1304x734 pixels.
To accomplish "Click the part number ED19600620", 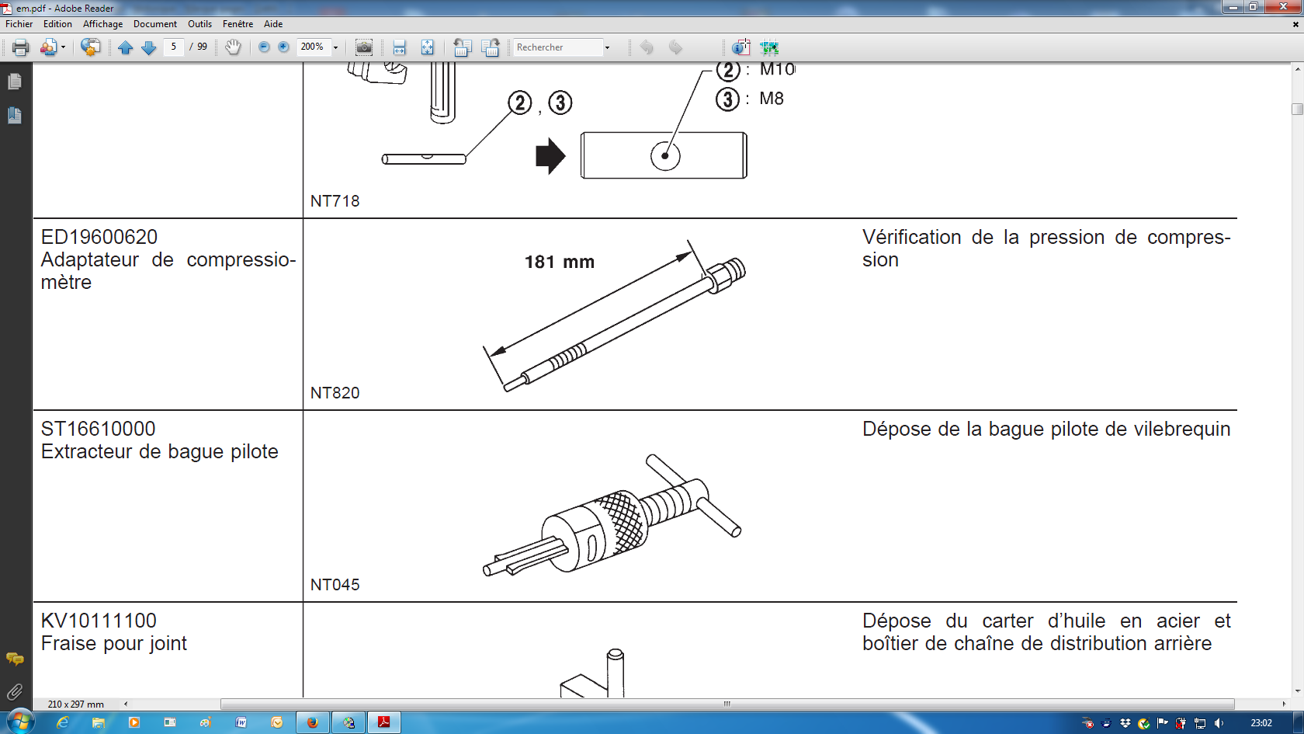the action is click(x=99, y=237).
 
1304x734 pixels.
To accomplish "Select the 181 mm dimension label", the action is click(x=560, y=263).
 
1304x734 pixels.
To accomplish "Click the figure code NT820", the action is click(x=335, y=393).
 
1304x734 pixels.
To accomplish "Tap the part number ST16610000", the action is click(x=98, y=429).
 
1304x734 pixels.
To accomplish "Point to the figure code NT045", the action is click(x=335, y=584).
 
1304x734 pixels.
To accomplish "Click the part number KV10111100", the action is click(x=99, y=621).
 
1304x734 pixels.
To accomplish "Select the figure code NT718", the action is click(x=335, y=201).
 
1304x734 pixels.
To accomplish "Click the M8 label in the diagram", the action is click(x=772, y=99).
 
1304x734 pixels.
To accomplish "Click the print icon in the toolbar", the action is click(x=20, y=47).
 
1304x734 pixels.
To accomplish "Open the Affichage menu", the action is click(x=102, y=24).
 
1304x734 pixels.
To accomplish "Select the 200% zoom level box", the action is click(x=314, y=47).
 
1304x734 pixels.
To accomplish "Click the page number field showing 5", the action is click(x=174, y=47).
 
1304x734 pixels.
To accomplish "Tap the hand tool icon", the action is click(x=233, y=47).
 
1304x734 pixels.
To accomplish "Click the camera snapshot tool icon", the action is click(x=364, y=47).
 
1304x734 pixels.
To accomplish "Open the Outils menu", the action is click(x=199, y=24).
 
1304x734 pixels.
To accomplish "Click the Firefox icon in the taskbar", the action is click(x=313, y=723).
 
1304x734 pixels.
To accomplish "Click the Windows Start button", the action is click(x=20, y=722).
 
